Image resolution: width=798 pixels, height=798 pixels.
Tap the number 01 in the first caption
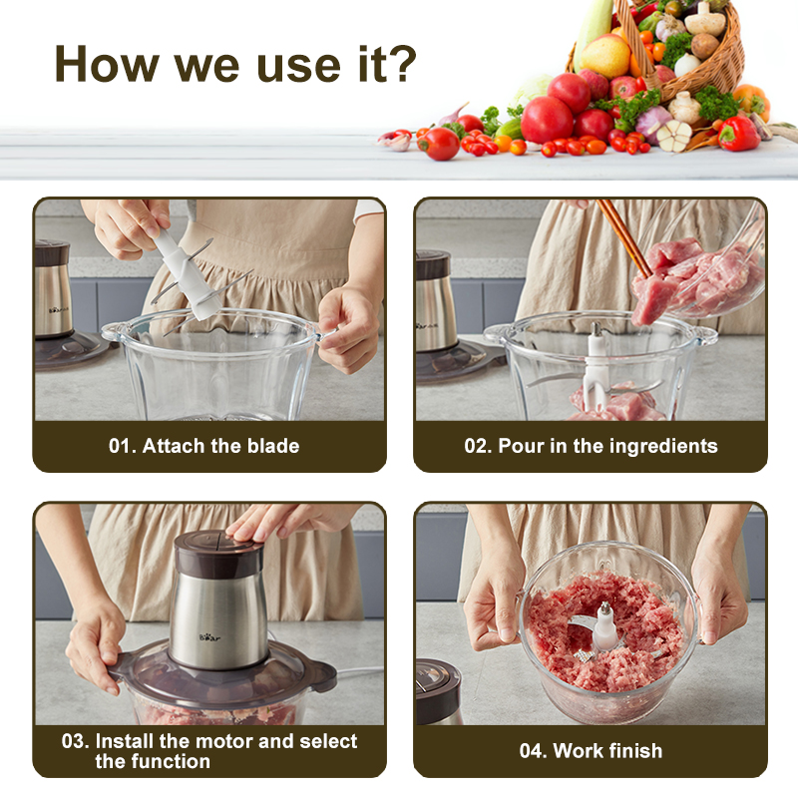(120, 446)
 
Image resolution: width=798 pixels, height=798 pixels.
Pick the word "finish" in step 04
(635, 751)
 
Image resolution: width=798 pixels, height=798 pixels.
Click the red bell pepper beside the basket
(738, 134)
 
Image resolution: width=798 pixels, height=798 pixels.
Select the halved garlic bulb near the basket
(674, 136)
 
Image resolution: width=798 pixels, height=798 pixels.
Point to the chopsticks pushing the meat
(624, 237)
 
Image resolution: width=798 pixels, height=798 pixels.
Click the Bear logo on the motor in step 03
(209, 637)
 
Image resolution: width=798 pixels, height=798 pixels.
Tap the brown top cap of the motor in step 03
(218, 554)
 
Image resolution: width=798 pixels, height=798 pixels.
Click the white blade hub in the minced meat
(604, 627)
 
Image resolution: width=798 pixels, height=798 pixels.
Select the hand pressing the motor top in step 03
(285, 521)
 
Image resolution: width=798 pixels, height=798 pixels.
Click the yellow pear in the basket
(605, 57)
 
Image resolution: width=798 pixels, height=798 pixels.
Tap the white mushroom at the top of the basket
(705, 20)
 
